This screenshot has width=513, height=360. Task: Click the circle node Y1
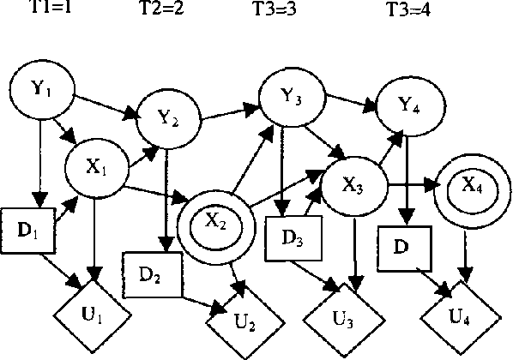point(41,88)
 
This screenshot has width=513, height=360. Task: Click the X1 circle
point(97,166)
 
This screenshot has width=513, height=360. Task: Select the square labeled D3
point(293,237)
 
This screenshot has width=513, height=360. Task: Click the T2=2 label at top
point(161,9)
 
